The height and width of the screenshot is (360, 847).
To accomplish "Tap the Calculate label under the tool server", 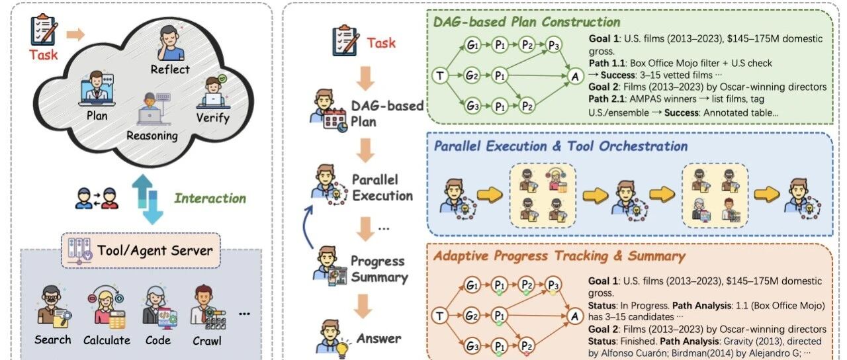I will click(107, 340).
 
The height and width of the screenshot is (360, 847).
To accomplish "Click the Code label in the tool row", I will click(157, 340).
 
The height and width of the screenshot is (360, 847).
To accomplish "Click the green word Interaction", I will click(210, 198).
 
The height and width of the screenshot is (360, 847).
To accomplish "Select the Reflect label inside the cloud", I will click(170, 69).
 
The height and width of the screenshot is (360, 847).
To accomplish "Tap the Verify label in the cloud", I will click(213, 118).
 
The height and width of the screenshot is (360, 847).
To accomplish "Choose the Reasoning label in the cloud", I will click(153, 136).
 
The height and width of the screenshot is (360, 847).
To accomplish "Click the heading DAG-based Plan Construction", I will click(527, 22).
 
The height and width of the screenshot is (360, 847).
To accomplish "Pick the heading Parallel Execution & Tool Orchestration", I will click(560, 146).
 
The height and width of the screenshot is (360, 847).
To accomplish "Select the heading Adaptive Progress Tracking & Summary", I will click(559, 255).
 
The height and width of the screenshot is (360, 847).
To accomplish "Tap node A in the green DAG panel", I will click(574, 76).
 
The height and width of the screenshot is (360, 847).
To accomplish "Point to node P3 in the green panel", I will click(554, 46).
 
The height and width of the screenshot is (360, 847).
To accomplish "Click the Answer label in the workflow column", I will click(379, 338).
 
